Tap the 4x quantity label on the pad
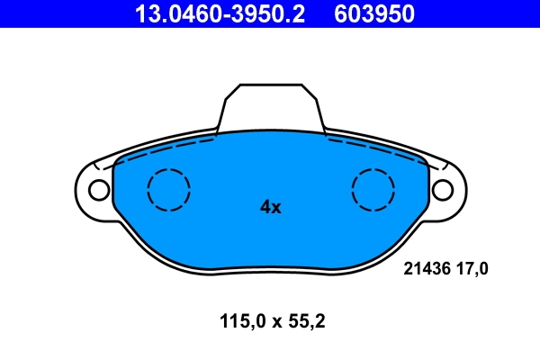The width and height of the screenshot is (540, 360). pyautogui.click(x=271, y=207)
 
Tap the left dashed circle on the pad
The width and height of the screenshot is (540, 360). pyautogui.click(x=168, y=190)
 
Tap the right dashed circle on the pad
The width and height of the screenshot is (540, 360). pyautogui.click(x=373, y=190)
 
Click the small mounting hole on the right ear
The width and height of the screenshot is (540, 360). pyautogui.click(x=442, y=190)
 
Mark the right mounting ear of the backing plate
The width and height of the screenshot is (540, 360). pyautogui.click(x=448, y=190)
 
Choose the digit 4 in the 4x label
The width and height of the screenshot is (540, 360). pyautogui.click(x=265, y=207)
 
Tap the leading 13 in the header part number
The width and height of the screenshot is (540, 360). pyautogui.click(x=144, y=13)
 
